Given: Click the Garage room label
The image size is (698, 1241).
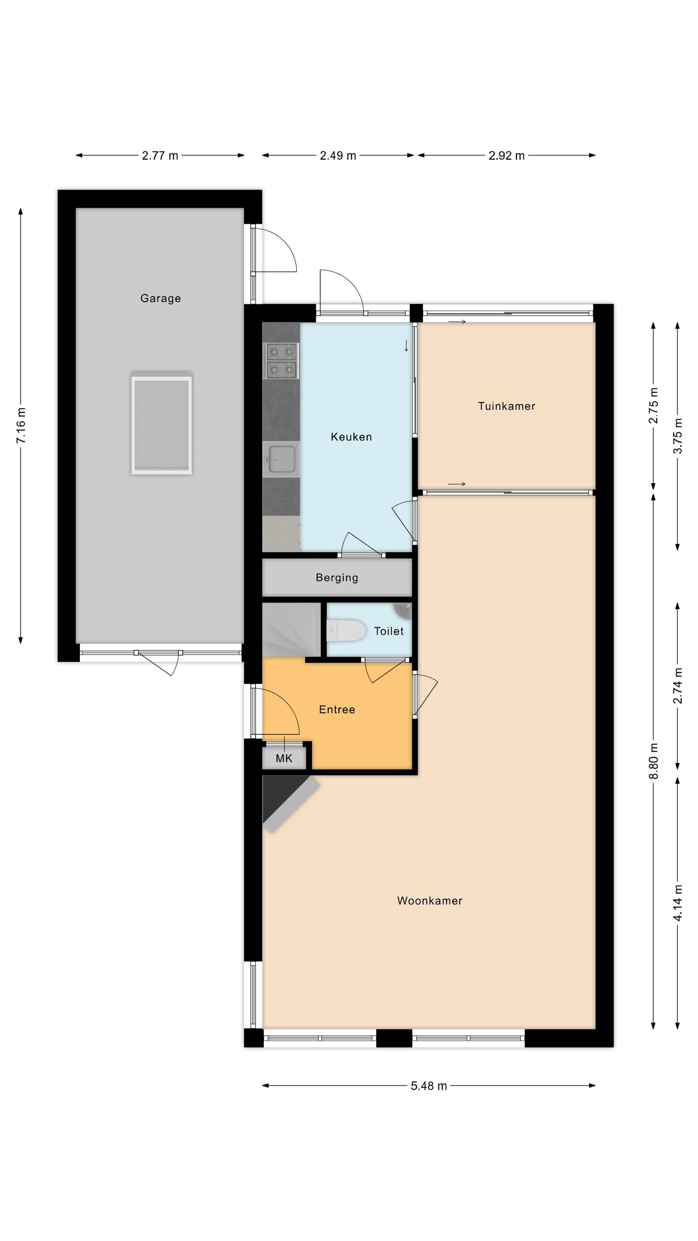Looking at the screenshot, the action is [x=160, y=298].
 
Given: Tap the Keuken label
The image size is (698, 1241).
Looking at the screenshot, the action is [x=351, y=437].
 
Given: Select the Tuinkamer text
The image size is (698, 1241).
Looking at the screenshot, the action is [x=506, y=406].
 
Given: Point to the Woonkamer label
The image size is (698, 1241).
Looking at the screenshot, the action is [x=430, y=901].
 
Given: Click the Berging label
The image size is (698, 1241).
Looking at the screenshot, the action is [x=337, y=577].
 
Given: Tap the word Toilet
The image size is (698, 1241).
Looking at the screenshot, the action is [x=389, y=631].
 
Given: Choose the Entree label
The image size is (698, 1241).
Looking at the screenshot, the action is [x=337, y=709].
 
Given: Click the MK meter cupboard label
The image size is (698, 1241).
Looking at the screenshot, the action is [x=284, y=758].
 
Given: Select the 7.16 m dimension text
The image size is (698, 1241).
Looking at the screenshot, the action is [x=21, y=426].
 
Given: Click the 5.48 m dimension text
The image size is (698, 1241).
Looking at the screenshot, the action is [x=429, y=1085].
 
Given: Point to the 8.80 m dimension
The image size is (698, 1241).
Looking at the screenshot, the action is [x=653, y=761].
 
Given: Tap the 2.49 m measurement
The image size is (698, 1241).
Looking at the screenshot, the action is [x=338, y=156].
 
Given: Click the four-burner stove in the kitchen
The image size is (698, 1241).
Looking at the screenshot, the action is [x=281, y=360].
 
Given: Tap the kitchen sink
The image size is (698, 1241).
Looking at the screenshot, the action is [x=281, y=459].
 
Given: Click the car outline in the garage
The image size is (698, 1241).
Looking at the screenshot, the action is [x=161, y=424].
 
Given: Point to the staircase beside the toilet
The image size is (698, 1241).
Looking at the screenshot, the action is [x=292, y=629].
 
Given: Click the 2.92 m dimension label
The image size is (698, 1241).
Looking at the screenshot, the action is [x=506, y=156].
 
